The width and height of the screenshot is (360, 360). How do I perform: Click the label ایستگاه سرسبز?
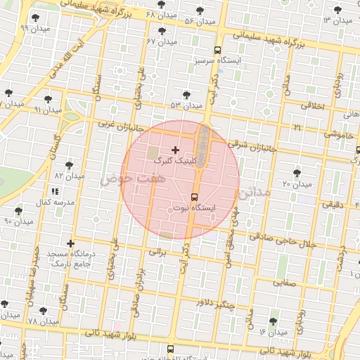pos(219,61)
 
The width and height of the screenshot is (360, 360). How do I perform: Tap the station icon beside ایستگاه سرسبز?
pos(217,50)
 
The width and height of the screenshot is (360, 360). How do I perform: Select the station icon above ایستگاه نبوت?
pos(194,197)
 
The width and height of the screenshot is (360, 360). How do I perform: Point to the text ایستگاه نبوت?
pos(195,209)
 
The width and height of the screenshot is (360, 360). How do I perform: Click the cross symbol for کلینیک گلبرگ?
pos(175,150)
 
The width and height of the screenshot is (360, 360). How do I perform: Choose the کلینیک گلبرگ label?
pos(175,161)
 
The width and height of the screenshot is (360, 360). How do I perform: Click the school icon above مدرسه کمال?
pos(54,191)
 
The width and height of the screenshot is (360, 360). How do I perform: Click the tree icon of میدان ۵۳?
pos(186,94)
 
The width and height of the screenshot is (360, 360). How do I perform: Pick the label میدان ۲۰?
pos(297,184)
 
